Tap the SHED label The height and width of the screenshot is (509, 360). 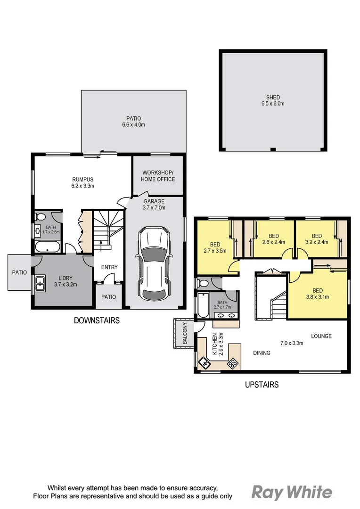pyautogui.click(x=273, y=98)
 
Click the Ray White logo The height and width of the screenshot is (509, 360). pyautogui.click(x=291, y=492)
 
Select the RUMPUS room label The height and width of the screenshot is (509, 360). pyautogui.click(x=83, y=179)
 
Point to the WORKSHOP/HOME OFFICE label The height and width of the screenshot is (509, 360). pyautogui.click(x=158, y=176)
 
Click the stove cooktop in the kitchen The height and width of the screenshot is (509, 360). pyautogui.click(x=233, y=363)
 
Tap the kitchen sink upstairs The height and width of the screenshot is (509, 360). pyautogui.click(x=205, y=363)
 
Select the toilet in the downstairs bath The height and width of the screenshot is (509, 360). pyautogui.click(x=40, y=217)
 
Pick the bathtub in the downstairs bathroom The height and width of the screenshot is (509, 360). pyautogui.click(x=48, y=246)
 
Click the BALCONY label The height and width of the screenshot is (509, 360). pyautogui.click(x=185, y=334)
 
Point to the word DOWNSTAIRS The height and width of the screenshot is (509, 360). pyautogui.click(x=97, y=320)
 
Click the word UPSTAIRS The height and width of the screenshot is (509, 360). pyautogui.click(x=262, y=385)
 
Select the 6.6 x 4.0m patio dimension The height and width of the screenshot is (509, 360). pyautogui.click(x=133, y=125)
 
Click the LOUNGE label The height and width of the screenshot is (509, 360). pyautogui.click(x=321, y=336)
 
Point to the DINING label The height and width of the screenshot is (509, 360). pyautogui.click(x=262, y=353)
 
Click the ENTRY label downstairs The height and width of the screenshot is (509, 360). pyautogui.click(x=109, y=267)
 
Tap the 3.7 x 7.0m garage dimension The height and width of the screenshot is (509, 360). pyautogui.click(x=154, y=207)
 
